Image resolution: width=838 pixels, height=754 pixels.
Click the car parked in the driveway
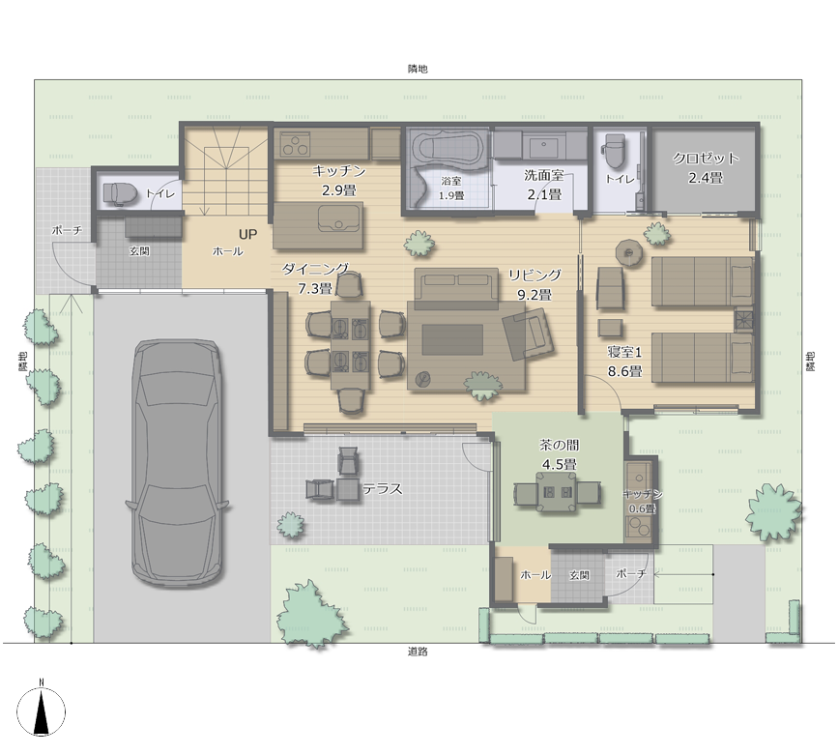[x=177, y=463]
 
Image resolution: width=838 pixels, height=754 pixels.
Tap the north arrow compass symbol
[x=42, y=711]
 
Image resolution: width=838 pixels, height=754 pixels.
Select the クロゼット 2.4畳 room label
[x=706, y=168]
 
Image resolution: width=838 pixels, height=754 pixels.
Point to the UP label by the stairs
[x=248, y=234]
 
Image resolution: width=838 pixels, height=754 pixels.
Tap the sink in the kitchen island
[x=338, y=219]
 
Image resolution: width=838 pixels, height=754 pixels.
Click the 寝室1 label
[x=624, y=352]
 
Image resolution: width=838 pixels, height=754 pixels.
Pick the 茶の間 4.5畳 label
[x=559, y=454]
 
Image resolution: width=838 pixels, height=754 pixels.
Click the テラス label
[x=383, y=488]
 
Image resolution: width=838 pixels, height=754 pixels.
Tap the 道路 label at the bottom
[x=418, y=652]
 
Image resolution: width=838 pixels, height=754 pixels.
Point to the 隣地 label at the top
[x=418, y=69]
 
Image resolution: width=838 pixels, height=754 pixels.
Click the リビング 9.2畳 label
[x=535, y=285]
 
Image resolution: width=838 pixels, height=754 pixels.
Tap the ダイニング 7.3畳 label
[x=315, y=279]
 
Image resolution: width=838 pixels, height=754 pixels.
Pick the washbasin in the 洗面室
[x=544, y=144]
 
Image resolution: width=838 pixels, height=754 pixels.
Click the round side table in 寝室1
[x=629, y=251]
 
